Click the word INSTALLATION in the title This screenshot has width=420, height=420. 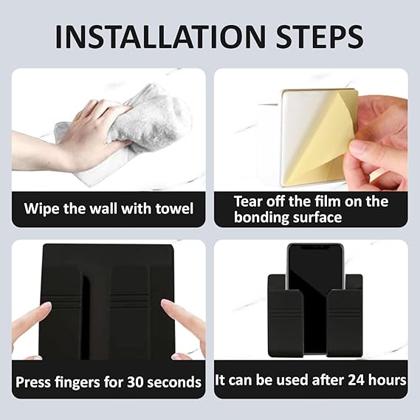(x=160, y=37)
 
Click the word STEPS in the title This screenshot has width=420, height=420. (x=320, y=37)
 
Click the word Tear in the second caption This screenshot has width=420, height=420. (x=248, y=202)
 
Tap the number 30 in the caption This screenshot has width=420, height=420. (x=135, y=382)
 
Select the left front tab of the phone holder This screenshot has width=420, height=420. (x=286, y=323)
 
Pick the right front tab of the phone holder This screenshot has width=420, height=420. (x=345, y=323)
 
